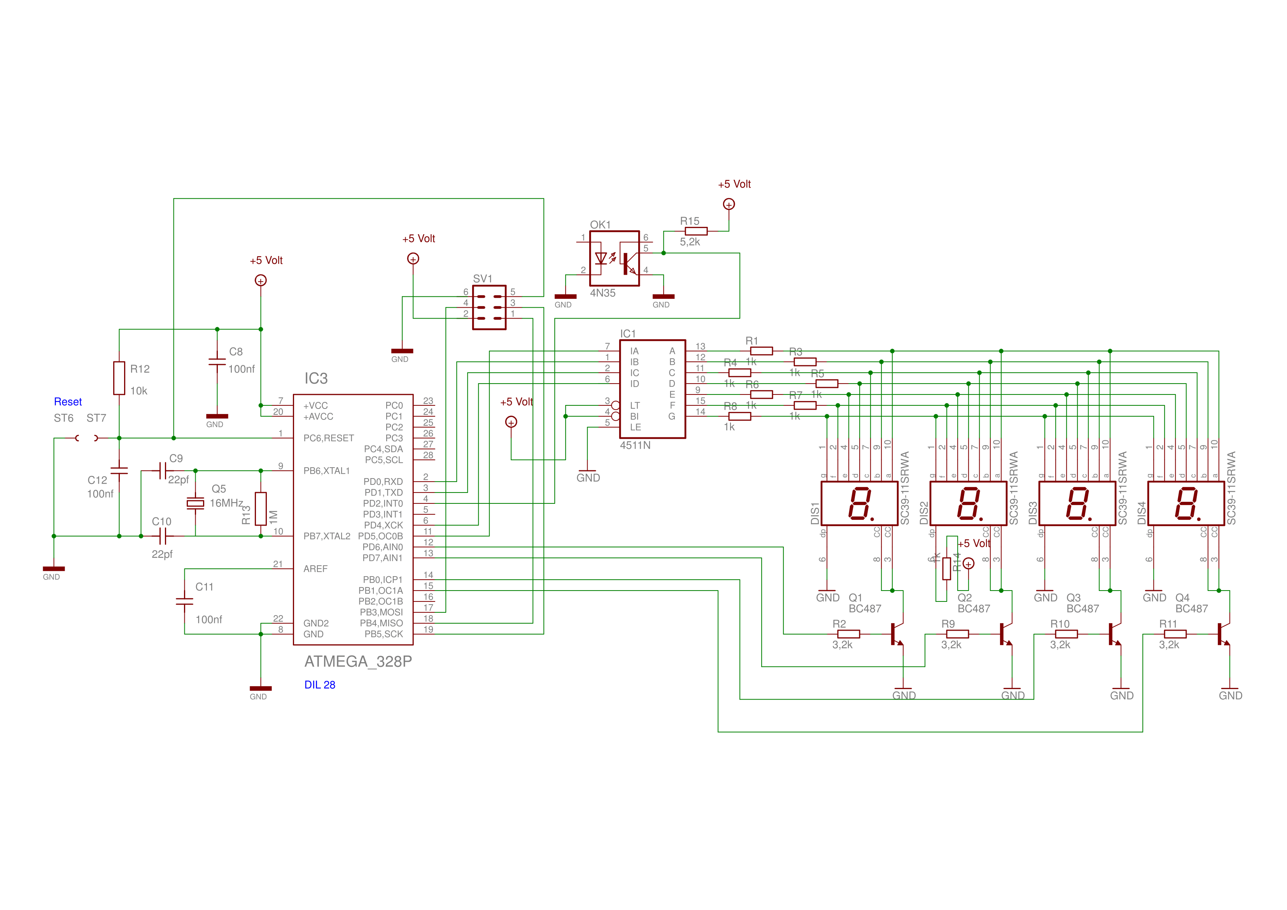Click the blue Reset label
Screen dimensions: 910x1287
(x=68, y=402)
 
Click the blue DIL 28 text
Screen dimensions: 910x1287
(x=319, y=685)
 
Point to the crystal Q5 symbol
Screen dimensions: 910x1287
(x=195, y=503)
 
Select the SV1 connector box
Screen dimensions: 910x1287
(x=489, y=308)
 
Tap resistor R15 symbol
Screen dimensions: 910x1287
(x=696, y=231)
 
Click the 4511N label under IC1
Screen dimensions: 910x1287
(x=635, y=445)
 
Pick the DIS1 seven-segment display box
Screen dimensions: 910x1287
(x=859, y=503)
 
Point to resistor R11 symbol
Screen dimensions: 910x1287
(x=1175, y=634)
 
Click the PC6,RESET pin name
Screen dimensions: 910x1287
(x=329, y=438)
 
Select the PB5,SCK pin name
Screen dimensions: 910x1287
(x=383, y=634)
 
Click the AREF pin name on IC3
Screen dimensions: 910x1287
(x=315, y=568)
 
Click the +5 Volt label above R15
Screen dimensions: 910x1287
(x=734, y=184)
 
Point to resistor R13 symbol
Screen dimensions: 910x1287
(x=261, y=508)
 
